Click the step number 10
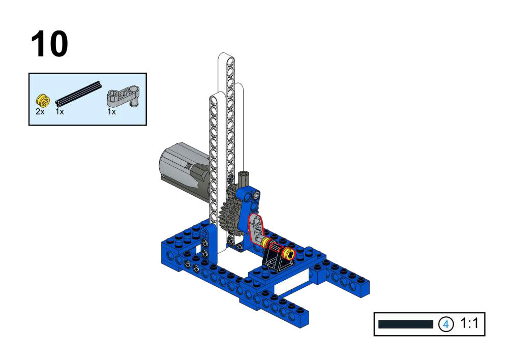click(x=49, y=44)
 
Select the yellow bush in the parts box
click(x=43, y=100)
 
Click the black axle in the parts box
click(x=78, y=94)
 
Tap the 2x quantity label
click(x=40, y=112)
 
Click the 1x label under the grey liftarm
click(x=111, y=112)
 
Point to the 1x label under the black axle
click(x=59, y=112)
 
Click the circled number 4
click(x=446, y=324)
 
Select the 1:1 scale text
click(x=469, y=323)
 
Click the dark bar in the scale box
click(x=405, y=324)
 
